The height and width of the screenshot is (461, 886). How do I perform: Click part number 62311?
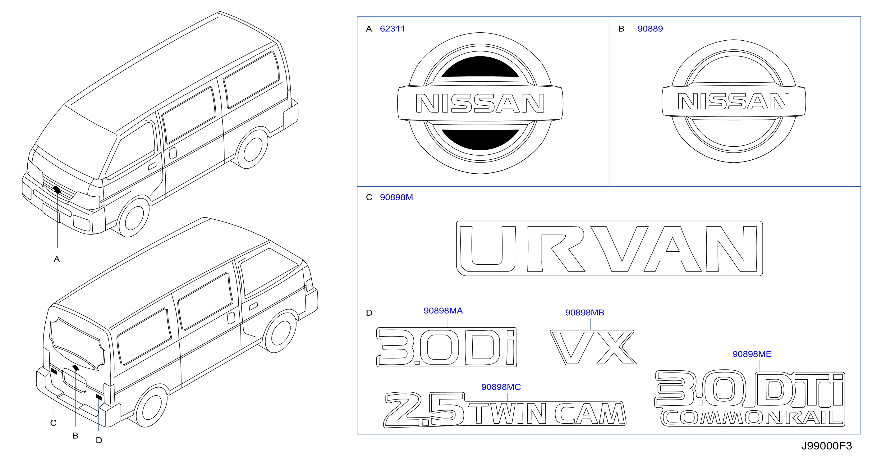point(393,29)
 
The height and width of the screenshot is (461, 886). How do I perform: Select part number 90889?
point(650,29)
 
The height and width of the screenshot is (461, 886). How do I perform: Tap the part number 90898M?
point(396,197)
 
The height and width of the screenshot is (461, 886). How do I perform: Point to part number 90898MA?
point(443,311)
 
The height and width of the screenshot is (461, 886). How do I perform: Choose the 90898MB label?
point(585,313)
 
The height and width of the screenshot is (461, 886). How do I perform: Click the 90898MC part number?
point(501,387)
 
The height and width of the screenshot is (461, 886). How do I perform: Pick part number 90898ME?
point(752,354)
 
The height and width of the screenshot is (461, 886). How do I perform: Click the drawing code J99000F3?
point(827,446)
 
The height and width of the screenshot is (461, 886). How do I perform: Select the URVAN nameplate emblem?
point(609,249)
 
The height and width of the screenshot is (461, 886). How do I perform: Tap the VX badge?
point(593,348)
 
